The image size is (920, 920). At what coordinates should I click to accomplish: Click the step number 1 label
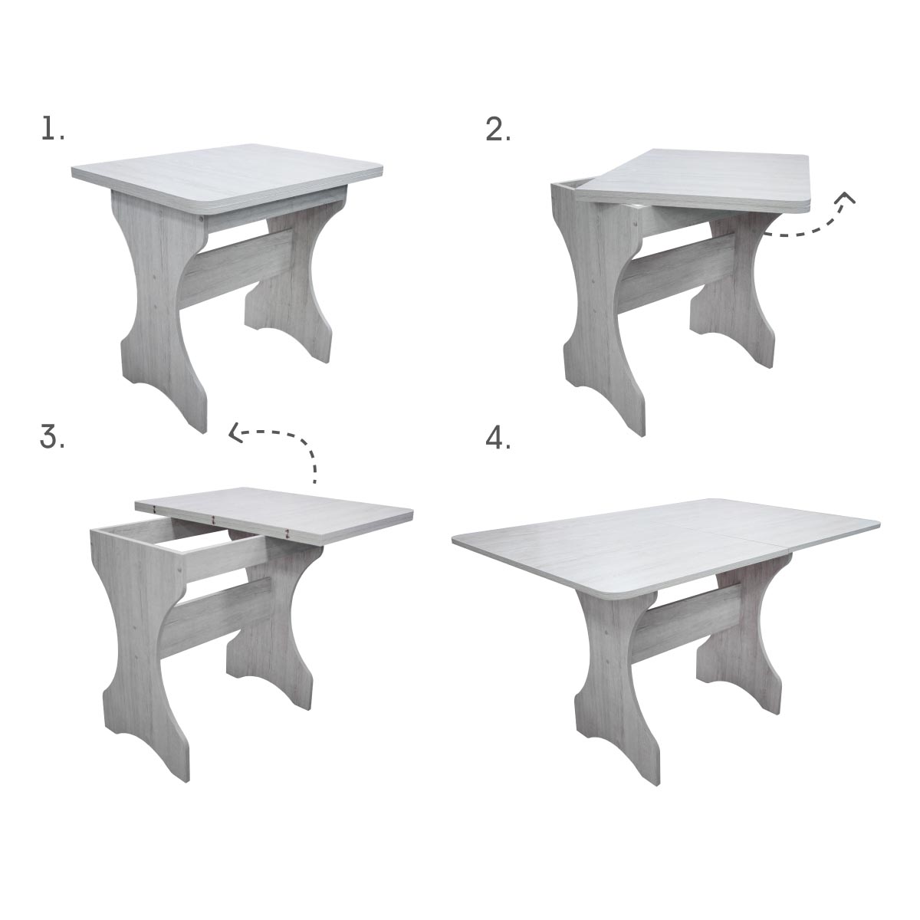click(x=52, y=130)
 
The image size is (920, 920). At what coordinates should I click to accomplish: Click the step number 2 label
click(x=498, y=130)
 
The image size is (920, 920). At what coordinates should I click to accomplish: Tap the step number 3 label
click(x=52, y=436)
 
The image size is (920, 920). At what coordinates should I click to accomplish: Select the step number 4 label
click(x=498, y=439)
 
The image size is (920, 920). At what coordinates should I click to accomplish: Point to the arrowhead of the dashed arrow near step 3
click(x=235, y=433)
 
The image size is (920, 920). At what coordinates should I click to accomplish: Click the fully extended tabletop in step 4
click(x=666, y=547)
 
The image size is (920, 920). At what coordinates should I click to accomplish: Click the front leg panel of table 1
click(x=160, y=306)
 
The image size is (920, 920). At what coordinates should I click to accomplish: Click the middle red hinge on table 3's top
click(x=214, y=519)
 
